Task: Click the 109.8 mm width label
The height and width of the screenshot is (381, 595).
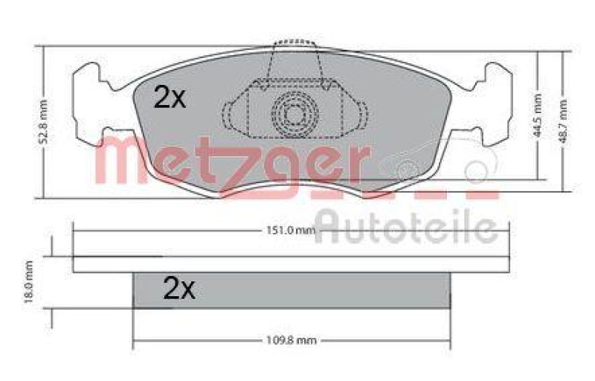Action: [x=292, y=341]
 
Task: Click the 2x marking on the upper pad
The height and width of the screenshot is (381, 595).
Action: [x=170, y=97]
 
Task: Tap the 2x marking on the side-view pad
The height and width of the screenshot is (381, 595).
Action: [x=178, y=288]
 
